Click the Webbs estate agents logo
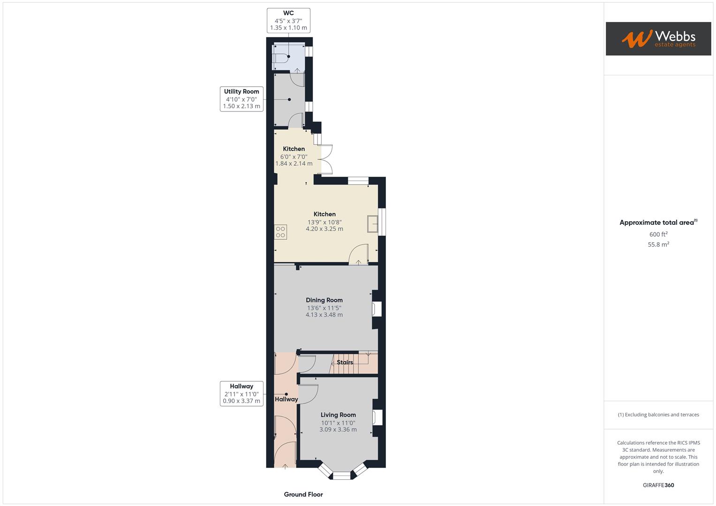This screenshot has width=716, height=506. tap(658, 38)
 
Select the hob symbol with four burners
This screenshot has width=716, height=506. tap(280, 232)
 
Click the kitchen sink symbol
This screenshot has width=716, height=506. tap(373, 224)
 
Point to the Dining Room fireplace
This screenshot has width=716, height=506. tap(377, 309)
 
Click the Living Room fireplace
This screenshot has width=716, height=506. tap(377, 417)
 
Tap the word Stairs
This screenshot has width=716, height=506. tap(345, 362)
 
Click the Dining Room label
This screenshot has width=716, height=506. tap(324, 300)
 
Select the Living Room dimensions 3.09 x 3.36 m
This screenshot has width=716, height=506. tap(338, 429)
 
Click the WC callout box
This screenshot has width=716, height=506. tap(288, 21)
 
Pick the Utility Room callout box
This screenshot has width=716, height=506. tap(241, 99)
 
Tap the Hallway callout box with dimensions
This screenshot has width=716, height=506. tap(241, 394)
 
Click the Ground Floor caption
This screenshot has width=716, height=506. tap(303, 494)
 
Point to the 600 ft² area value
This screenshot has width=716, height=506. tap(658, 234)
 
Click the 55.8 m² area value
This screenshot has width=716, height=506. tap(658, 244)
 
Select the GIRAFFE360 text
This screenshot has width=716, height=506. tap(658, 485)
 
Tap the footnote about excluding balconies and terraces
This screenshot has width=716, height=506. tap(658, 415)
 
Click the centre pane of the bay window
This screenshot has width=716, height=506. tap(341, 476)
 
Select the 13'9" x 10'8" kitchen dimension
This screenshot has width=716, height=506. tap(324, 222)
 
